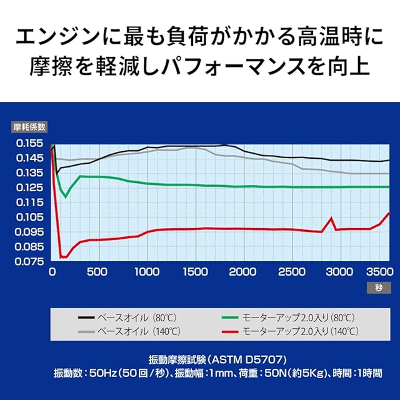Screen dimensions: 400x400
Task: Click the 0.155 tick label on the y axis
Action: click(x=29, y=143)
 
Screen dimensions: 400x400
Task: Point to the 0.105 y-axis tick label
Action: click(x=29, y=217)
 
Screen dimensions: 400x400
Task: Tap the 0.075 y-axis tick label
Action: click(x=29, y=261)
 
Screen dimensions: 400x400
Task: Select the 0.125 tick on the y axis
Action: click(x=29, y=187)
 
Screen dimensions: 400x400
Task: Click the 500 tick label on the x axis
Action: click(x=97, y=272)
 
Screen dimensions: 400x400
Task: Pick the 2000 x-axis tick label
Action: click(x=242, y=272)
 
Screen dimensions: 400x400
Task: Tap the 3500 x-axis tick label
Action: click(x=380, y=272)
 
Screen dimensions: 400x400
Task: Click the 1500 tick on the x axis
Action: click(x=196, y=272)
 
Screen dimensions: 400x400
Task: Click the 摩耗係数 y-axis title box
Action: click(x=29, y=127)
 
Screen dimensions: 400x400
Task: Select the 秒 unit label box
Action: click(x=379, y=287)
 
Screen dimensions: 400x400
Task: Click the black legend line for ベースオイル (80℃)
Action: click(x=86, y=317)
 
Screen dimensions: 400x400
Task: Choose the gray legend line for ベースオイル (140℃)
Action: click(x=86, y=332)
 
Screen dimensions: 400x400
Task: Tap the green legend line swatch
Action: click(x=230, y=317)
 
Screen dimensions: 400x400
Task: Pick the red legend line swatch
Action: click(x=230, y=332)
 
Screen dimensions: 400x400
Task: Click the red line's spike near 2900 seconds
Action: click(x=331, y=218)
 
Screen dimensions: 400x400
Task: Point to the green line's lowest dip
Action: click(x=66, y=197)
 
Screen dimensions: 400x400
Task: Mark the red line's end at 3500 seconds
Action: click(x=389, y=213)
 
